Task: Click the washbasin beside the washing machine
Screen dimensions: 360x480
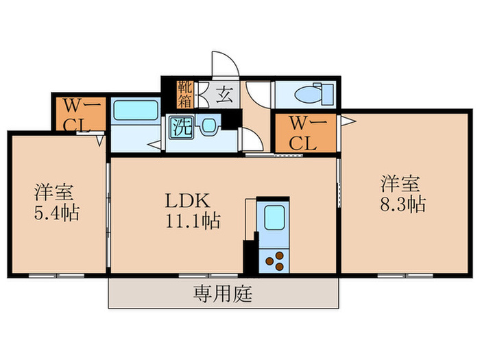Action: (208, 125)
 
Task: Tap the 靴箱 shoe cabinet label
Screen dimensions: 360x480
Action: (185, 93)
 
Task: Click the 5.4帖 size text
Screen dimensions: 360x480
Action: (57, 213)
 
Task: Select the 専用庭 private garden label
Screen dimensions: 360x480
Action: (223, 295)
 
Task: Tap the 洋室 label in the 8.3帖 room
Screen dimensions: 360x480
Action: (401, 183)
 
